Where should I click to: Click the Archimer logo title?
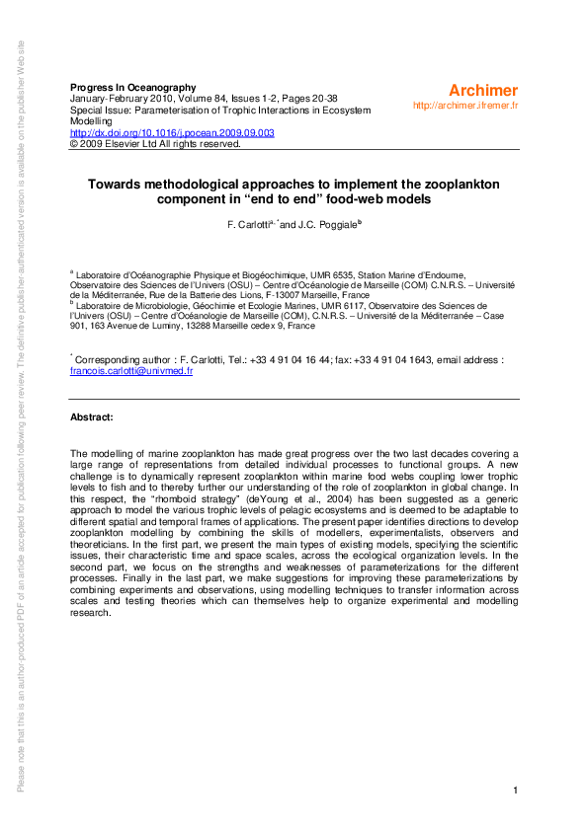[x=484, y=89]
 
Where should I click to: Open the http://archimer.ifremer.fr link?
[x=465, y=106]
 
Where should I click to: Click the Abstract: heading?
[x=92, y=417]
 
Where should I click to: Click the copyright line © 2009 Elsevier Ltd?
[x=155, y=143]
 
